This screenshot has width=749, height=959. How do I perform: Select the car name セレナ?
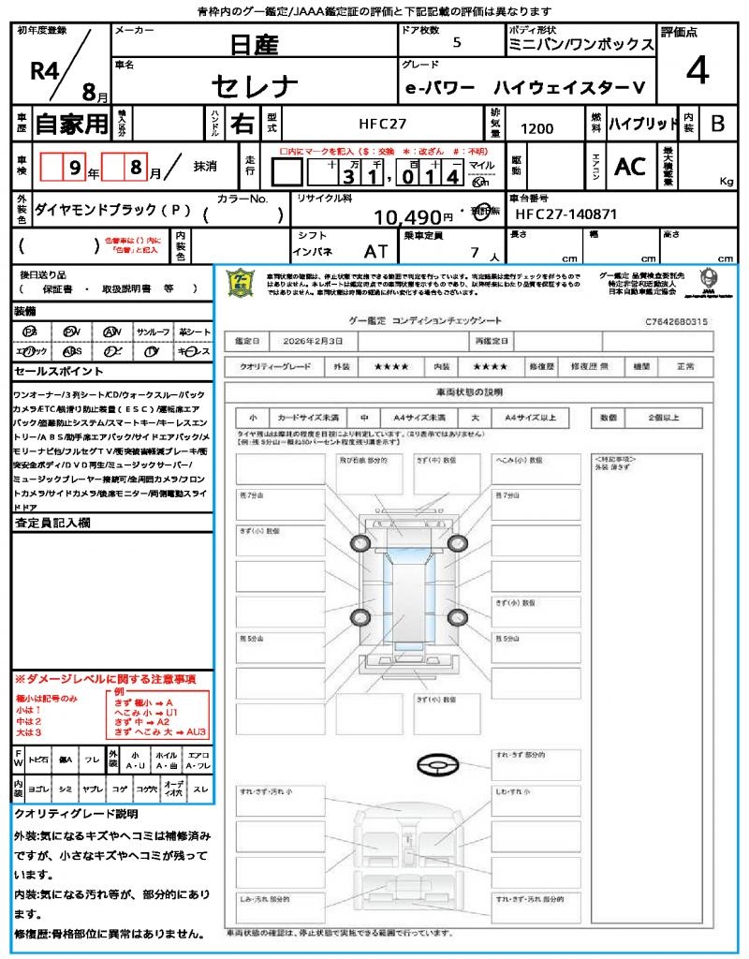[x=255, y=86]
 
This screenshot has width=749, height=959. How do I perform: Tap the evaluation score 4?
[x=696, y=71]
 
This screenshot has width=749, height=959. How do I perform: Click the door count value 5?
[x=456, y=43]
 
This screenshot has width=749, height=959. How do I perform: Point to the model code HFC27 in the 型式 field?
[x=383, y=124]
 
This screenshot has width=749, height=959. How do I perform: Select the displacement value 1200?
[x=536, y=128]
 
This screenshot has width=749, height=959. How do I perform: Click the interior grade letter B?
[x=717, y=123]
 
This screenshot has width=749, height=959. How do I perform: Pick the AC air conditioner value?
[x=630, y=167]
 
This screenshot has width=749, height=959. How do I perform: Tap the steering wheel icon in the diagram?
[x=435, y=766]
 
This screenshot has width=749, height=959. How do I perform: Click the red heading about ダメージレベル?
[x=105, y=678]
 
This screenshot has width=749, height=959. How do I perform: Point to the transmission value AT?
[x=375, y=251]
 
